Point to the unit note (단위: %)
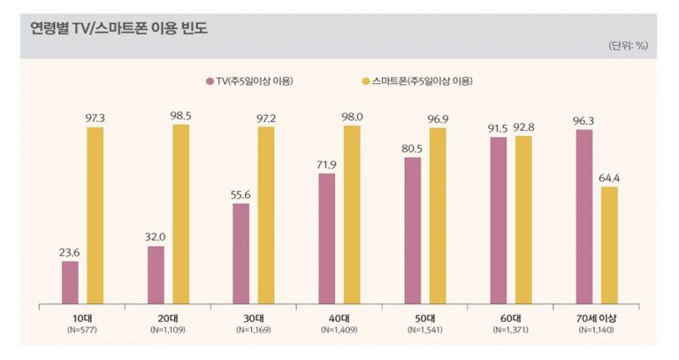(x=628, y=45)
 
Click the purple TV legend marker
(x=209, y=81)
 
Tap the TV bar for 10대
(x=70, y=281)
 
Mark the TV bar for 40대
(x=327, y=238)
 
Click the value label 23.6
(x=69, y=252)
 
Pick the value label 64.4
(x=610, y=177)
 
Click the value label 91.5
(x=498, y=128)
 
